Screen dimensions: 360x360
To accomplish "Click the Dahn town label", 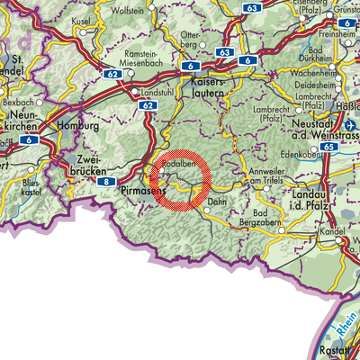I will [216, 203].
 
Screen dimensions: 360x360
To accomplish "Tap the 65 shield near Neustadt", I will [328, 146].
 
